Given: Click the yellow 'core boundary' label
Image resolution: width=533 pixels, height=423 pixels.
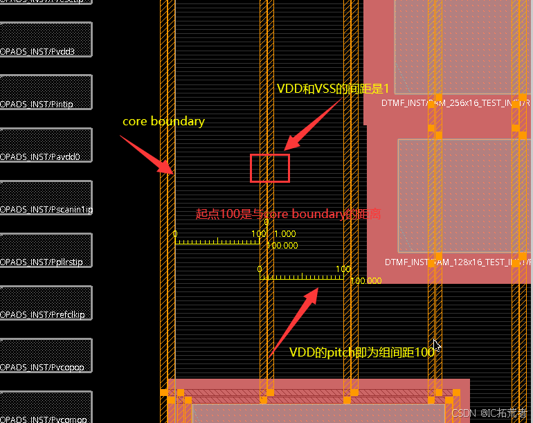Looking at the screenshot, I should (163, 121).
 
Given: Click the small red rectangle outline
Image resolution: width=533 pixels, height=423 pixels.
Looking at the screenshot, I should (270, 168).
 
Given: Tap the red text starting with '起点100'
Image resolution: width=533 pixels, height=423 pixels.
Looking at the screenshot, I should (288, 214).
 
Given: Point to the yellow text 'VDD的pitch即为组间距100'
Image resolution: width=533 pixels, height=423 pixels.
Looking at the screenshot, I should (362, 352).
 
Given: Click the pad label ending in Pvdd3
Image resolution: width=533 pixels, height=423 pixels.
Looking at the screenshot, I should (37, 52).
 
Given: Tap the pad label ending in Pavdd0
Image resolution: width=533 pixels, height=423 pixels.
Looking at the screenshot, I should (40, 157).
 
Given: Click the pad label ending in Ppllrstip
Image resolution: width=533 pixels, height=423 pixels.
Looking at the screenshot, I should (42, 262).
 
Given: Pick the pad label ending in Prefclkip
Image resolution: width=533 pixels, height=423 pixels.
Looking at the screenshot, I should (43, 314).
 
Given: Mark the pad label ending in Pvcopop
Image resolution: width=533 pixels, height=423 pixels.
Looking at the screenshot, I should (42, 367).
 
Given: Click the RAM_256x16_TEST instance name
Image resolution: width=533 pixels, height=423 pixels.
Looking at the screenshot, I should (455, 103).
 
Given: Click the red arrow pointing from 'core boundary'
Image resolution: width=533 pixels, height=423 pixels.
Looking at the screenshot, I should (147, 154).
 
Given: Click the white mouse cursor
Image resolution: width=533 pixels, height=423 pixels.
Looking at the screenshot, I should (436, 345).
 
